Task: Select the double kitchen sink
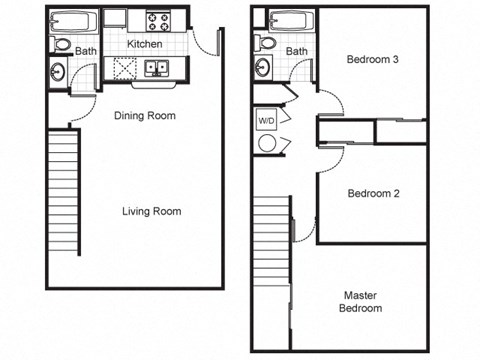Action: click(157, 69)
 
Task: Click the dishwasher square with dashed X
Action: click(125, 69)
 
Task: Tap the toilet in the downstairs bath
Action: click(61, 45)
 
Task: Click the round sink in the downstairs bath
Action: click(58, 72)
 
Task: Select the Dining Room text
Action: click(144, 116)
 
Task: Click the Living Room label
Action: click(152, 211)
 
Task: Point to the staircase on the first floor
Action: click(63, 194)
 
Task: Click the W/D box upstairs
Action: click(267, 119)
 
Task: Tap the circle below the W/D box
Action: click(267, 143)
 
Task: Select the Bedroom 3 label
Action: click(373, 60)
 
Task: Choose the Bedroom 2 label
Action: click(373, 193)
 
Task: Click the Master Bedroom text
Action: click(362, 302)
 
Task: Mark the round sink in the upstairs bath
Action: click(263, 69)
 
